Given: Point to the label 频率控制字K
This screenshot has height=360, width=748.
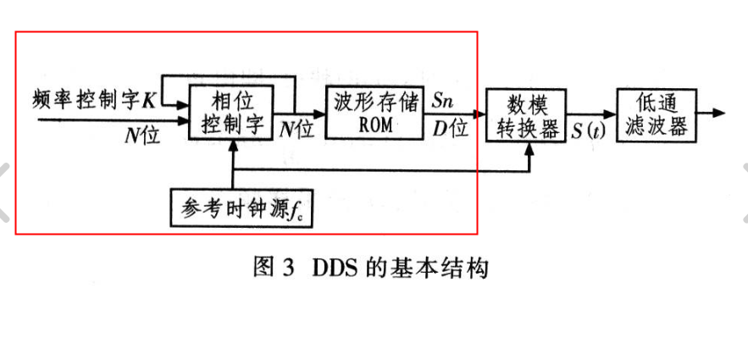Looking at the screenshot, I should (x=94, y=99).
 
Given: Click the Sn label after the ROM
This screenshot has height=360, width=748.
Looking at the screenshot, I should (x=442, y=100).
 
